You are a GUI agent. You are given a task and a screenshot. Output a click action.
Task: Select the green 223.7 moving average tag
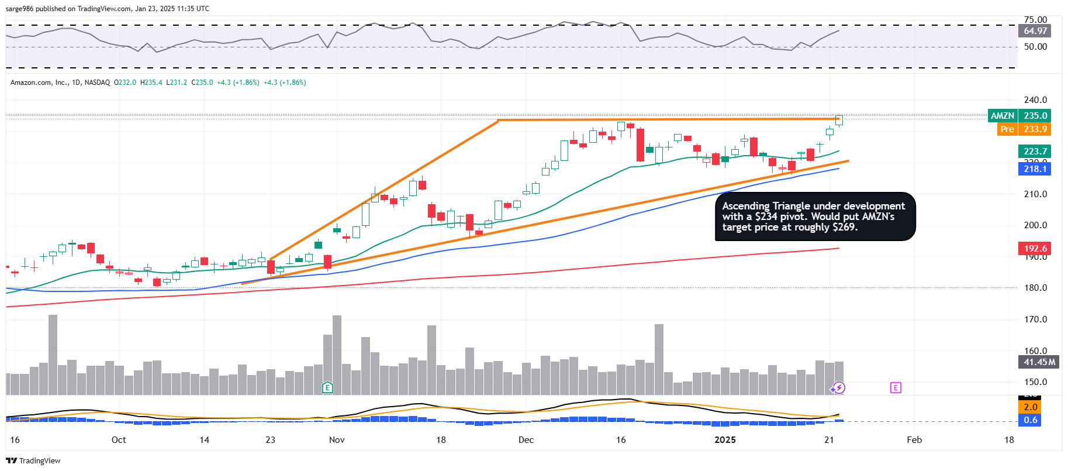tap(1035, 152)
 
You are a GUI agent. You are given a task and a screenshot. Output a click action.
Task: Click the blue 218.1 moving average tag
tap(1035, 169)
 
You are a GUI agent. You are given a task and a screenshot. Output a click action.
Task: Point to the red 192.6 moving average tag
tap(1035, 249)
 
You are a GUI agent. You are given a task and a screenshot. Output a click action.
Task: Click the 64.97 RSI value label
tap(1035, 31)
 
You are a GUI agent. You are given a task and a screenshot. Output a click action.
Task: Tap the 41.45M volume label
tap(1039, 362)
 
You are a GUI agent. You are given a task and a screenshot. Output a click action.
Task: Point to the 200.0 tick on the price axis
tap(1035, 225)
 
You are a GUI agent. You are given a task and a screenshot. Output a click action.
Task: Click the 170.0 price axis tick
tap(1035, 319)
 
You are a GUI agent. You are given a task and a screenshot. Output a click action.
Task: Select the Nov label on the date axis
tap(337, 440)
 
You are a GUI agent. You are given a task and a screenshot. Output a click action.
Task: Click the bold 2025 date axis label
tap(725, 440)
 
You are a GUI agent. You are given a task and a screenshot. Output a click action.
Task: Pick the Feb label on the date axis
tap(914, 440)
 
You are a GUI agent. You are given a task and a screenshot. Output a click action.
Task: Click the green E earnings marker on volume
tap(328, 387)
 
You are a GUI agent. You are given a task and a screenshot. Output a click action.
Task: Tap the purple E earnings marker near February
tap(896, 387)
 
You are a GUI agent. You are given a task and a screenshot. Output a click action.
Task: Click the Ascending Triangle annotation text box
tap(815, 216)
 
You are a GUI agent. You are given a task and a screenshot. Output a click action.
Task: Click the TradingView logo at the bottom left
tap(33, 461)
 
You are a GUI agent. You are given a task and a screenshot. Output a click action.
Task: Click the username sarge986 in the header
tap(19, 9)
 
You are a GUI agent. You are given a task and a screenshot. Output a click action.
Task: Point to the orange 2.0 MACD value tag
tap(1030, 407)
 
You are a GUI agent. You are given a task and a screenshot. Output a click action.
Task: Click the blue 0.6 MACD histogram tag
tap(1030, 420)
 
